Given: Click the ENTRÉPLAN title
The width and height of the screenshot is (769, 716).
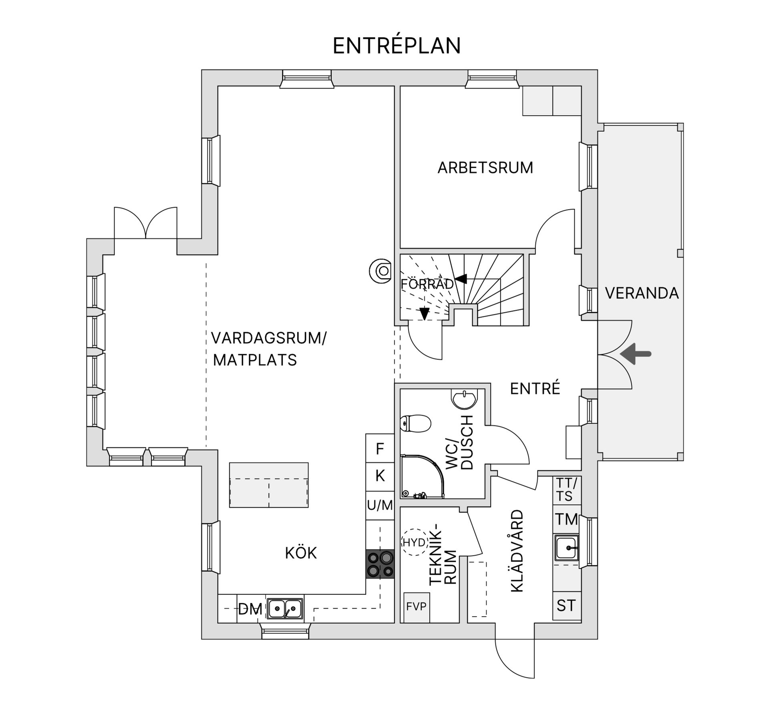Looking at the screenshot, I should click(x=397, y=46).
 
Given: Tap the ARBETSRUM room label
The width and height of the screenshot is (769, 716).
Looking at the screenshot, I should click(x=485, y=167).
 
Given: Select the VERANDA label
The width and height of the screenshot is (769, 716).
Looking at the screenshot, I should click(x=642, y=293).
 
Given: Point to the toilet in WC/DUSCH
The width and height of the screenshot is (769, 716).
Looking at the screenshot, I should click(x=416, y=424).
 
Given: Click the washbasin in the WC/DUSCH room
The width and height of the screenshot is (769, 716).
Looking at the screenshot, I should click(x=464, y=399).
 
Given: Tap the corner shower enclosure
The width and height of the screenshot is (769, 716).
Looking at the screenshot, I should click(x=421, y=477).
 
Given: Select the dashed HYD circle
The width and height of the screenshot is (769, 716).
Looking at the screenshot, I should click(x=415, y=543).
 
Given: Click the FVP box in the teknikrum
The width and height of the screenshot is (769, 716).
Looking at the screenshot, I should click(x=417, y=607).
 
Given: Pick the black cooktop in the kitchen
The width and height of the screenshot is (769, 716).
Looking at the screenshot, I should click(x=380, y=564).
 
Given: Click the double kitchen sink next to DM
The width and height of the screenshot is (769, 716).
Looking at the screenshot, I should click(x=285, y=609).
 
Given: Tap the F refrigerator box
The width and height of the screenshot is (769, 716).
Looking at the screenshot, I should click(x=380, y=449).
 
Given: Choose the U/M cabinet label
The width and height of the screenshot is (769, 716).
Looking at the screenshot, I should click(x=380, y=505).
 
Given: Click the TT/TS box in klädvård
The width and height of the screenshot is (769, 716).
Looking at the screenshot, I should click(x=566, y=489).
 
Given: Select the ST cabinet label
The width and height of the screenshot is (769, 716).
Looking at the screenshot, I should click(x=566, y=605).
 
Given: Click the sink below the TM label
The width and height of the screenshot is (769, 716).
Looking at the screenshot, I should click(x=566, y=548).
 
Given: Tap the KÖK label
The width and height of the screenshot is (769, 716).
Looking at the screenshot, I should click(x=301, y=553).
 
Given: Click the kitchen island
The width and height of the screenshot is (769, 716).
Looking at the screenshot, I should click(x=269, y=485).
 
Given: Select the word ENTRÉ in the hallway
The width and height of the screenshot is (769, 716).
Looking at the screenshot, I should click(x=535, y=388).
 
